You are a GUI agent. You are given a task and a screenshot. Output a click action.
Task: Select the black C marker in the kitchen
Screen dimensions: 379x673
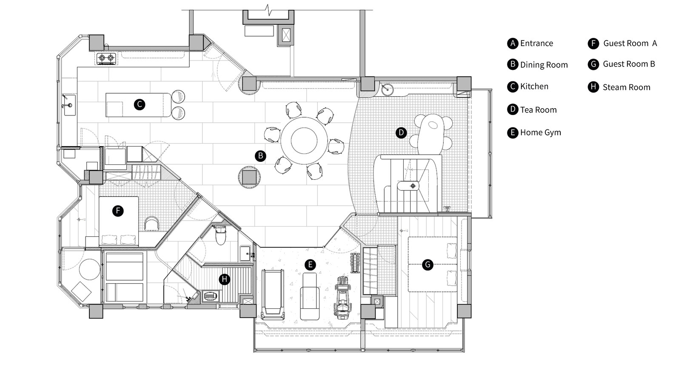click(x=139, y=104)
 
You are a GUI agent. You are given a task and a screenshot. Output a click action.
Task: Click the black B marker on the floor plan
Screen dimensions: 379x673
click(x=260, y=156)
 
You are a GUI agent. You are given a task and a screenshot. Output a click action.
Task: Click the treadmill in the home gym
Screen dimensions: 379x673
click(x=272, y=293)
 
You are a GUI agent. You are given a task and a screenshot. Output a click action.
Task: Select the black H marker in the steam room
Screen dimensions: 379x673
click(x=224, y=279)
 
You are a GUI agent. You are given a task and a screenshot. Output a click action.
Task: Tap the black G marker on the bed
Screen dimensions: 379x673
click(x=427, y=265)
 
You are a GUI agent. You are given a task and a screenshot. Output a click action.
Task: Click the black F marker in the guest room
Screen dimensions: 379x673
click(x=118, y=210)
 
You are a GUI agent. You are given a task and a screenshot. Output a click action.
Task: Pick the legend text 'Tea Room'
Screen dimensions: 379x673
click(x=538, y=110)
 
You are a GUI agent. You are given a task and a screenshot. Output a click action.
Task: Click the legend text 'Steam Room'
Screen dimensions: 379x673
click(x=626, y=87)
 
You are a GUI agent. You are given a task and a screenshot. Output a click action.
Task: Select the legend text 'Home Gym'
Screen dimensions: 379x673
click(x=540, y=132)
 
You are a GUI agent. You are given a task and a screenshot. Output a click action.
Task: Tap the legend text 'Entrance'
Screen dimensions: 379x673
click(x=536, y=43)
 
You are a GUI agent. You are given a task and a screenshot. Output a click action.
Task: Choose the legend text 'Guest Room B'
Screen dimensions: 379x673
click(x=629, y=64)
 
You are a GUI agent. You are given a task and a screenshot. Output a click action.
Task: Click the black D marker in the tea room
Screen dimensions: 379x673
click(x=401, y=132)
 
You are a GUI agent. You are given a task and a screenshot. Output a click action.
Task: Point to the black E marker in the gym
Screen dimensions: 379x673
click(x=310, y=265)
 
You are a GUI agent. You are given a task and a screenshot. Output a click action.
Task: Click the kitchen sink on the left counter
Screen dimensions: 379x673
click(x=68, y=105)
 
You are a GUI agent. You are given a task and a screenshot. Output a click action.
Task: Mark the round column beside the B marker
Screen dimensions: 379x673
click(x=249, y=177)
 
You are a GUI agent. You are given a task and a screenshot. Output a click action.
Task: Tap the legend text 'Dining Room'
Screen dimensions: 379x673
click(x=544, y=65)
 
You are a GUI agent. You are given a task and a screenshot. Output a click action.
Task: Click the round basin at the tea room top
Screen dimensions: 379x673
click(x=387, y=90)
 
